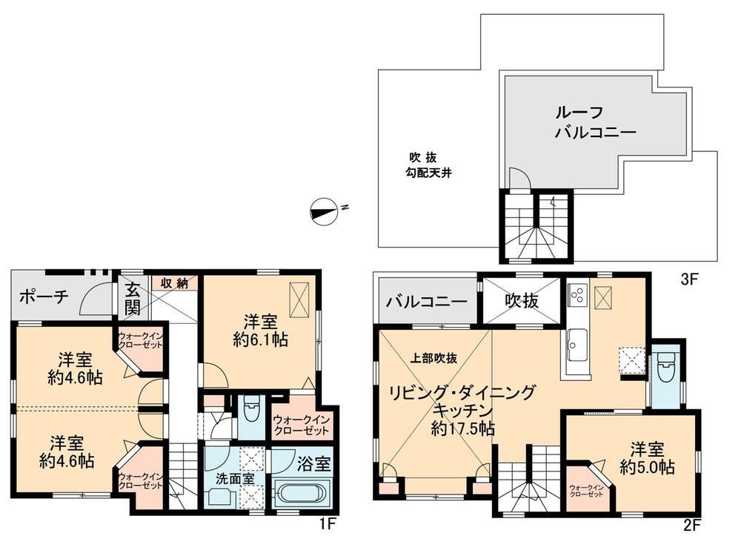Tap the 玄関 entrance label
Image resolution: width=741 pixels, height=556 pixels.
[132, 297]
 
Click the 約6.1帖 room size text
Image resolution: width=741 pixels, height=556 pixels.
[259, 340]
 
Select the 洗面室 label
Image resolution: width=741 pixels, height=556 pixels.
[235, 478]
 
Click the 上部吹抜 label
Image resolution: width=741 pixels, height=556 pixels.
[434, 357]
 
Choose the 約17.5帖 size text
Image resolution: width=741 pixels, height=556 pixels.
[464, 428]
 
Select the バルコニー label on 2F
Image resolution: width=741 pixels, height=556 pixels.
[426, 302]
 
